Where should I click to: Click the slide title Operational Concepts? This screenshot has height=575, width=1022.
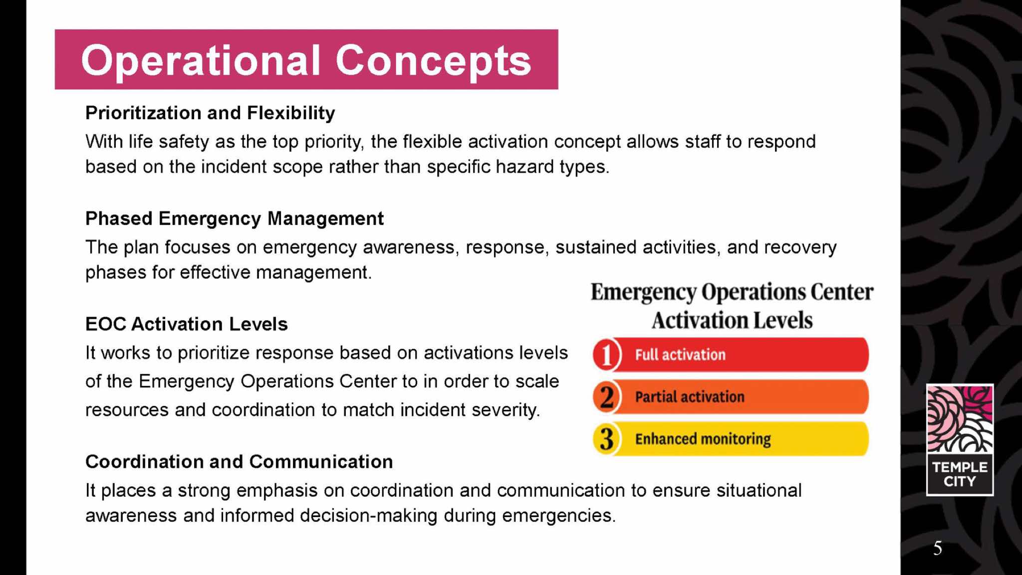point(306,61)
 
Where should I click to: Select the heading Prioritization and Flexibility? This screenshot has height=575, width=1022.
point(210,113)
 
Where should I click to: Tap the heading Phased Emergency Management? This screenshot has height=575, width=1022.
point(235,219)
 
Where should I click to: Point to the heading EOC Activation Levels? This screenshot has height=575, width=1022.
point(187,324)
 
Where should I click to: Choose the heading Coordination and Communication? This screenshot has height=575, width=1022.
point(239,462)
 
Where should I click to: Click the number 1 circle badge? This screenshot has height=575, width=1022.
point(607,355)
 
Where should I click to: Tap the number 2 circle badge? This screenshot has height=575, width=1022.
point(607,397)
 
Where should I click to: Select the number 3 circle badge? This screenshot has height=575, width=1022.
point(607,439)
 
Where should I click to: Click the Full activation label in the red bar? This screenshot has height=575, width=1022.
point(680,355)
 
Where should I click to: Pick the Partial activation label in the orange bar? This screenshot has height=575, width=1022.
point(690,397)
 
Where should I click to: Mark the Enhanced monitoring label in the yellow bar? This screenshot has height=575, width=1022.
point(703,439)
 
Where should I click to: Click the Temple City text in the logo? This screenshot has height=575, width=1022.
point(960,474)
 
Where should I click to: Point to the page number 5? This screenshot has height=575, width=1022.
point(938,549)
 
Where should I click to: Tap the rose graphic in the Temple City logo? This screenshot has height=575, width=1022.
point(960,419)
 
